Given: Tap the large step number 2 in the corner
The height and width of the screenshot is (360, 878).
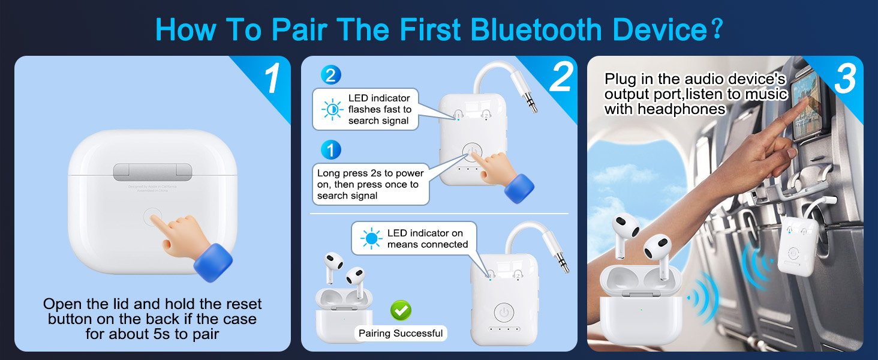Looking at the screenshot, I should pos(560,77).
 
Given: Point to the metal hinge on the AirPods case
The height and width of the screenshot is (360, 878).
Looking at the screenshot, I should pos(152,172).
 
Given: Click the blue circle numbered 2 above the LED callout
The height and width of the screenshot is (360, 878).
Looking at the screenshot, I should pos(330,75).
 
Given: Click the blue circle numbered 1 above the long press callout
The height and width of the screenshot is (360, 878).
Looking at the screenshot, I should pos(330,150).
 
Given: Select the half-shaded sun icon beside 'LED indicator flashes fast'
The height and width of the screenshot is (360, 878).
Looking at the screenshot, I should pos(332,110).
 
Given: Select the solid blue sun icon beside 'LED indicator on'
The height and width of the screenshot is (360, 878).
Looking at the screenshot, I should pos(371,239).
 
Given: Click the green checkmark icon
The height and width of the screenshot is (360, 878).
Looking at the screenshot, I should pos(401,310).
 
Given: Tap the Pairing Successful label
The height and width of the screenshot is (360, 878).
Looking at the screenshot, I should pos(401,334).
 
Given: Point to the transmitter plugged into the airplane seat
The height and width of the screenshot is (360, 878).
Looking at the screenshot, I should pos(797,246).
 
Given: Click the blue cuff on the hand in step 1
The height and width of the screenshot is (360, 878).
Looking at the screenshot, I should pos(213,262).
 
